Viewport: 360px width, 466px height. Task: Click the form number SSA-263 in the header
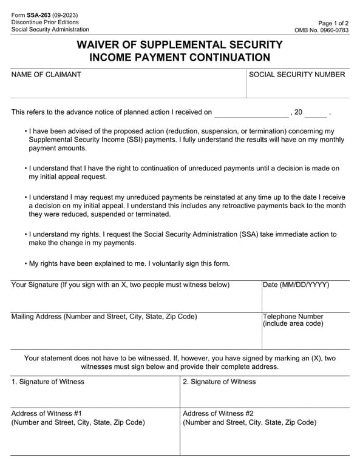coord(40,15)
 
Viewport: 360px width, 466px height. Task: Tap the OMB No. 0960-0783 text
coord(321,30)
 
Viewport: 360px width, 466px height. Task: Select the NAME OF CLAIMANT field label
coord(46,75)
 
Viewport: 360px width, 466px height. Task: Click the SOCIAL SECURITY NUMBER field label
coord(297,75)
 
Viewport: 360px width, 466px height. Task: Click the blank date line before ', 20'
coord(252,113)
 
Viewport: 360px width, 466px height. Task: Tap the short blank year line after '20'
coord(315,113)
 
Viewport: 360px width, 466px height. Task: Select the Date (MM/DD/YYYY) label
coord(296,285)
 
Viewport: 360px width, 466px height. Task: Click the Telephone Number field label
coord(293,317)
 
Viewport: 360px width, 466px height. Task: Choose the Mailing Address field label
coord(104,317)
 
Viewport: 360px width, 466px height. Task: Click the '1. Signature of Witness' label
coord(48,382)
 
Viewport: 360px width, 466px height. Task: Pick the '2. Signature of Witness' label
coord(220,382)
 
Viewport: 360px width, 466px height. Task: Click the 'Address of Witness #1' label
coord(47,413)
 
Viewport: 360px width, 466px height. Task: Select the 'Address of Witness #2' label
coord(219,413)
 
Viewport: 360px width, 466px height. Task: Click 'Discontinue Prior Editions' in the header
coord(44,22)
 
